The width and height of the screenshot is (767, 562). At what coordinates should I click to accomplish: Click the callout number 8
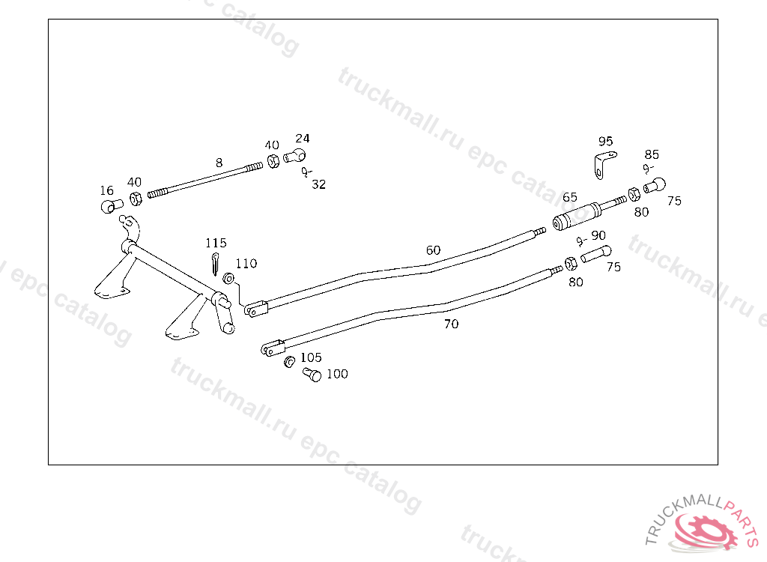219,162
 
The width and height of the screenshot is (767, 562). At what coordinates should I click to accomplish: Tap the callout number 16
107,191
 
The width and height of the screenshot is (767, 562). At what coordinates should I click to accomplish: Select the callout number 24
302,139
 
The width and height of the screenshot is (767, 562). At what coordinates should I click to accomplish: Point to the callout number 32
319,184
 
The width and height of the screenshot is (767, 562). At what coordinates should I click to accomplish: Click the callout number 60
434,250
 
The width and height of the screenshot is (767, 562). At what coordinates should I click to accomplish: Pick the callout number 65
570,197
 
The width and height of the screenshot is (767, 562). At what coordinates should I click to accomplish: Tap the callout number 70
451,324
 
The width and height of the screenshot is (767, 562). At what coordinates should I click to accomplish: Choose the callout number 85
652,154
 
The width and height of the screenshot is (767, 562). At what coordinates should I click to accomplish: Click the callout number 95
605,141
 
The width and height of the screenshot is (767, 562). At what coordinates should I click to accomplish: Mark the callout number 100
337,374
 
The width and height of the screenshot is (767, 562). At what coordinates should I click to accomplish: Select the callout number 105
311,357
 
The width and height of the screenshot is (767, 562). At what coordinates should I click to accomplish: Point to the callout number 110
246,263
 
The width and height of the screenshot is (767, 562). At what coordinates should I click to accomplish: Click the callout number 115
216,243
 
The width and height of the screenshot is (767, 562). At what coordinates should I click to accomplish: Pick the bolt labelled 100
312,375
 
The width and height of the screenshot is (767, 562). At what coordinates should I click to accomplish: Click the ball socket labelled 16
111,205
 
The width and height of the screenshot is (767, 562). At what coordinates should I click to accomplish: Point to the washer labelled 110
229,280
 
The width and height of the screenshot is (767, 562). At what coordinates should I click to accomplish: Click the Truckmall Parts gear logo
703,530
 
